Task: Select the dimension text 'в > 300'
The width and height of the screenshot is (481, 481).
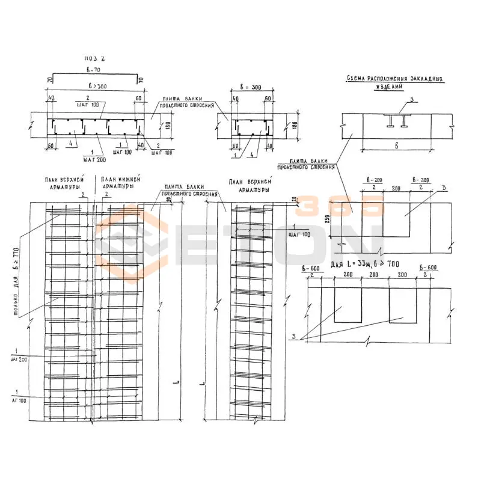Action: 94,87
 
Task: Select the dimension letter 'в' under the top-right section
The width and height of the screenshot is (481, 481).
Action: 397,145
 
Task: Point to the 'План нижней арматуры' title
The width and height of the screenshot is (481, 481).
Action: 120,183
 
